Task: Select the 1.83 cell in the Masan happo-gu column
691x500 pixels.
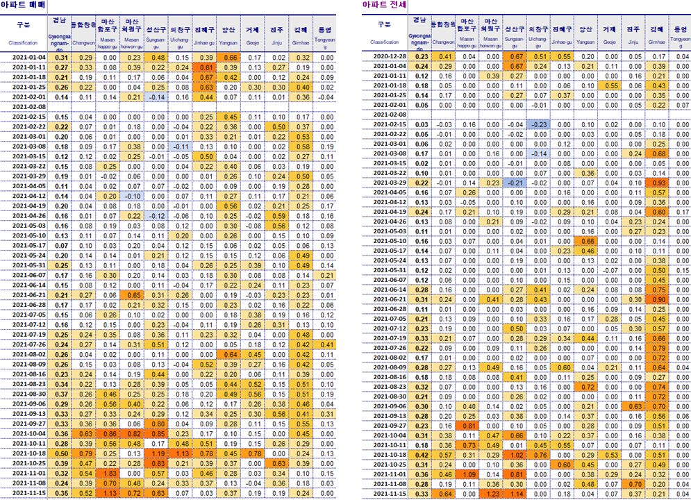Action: [x=110, y=473]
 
